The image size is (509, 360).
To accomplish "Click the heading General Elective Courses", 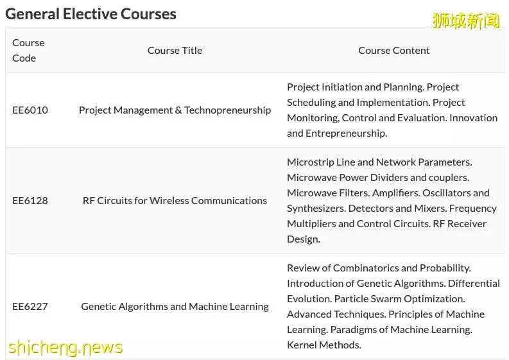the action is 91,14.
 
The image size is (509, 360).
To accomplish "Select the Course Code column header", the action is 28,50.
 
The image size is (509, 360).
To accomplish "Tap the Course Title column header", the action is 175,50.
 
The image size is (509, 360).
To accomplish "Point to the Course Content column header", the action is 393,50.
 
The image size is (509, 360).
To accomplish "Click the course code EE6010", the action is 30,110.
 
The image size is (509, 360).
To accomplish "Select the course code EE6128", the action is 30,201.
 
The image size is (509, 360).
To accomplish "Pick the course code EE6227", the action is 30,307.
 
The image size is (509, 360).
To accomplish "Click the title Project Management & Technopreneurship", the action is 175,110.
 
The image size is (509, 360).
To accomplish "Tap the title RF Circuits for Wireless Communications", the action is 175,201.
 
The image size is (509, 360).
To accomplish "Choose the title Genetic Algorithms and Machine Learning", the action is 175,307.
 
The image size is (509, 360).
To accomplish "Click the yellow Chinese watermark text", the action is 465,21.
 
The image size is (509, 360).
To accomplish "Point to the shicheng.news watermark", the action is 65,347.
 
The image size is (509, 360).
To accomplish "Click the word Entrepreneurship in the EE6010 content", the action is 346,133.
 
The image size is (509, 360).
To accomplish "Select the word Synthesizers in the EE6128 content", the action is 316,209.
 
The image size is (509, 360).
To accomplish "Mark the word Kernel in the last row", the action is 301,345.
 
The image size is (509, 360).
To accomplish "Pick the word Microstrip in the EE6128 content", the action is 310,162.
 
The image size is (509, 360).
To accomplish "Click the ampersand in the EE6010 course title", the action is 178,110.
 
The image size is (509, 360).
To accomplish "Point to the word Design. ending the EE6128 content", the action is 304,239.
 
